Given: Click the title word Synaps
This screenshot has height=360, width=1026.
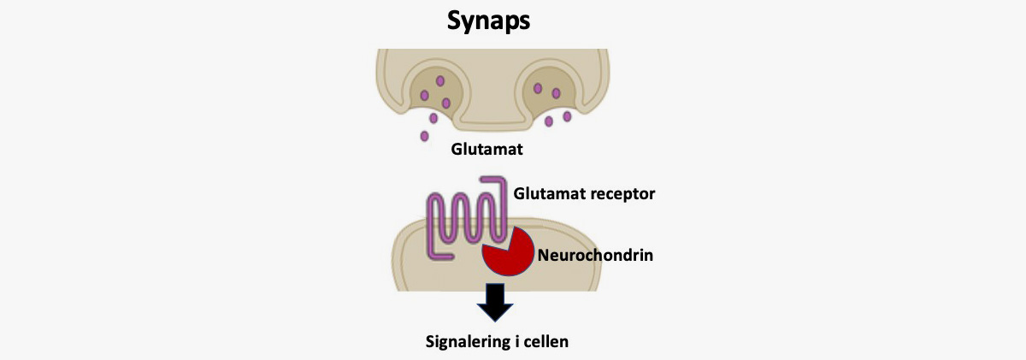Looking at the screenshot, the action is click(x=488, y=21).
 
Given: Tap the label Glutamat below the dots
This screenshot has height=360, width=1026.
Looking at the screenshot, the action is click(x=486, y=150).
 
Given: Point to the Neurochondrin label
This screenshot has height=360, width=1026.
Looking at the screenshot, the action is click(x=595, y=255).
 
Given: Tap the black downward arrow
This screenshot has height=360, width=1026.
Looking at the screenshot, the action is click(x=495, y=303).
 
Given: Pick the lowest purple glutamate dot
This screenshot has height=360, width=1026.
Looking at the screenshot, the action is click(x=424, y=136).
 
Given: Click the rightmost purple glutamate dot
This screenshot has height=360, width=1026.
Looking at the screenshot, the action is click(x=567, y=116).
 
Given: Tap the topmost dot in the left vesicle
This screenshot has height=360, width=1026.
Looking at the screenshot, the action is click(x=440, y=81).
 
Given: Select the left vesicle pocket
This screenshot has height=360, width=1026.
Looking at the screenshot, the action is click(x=433, y=89).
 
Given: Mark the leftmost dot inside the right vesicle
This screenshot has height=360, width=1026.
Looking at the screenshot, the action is click(x=538, y=88).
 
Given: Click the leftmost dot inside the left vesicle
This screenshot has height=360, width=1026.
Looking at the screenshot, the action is click(x=424, y=95).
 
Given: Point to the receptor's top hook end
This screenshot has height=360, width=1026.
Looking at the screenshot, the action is click(x=482, y=179).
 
